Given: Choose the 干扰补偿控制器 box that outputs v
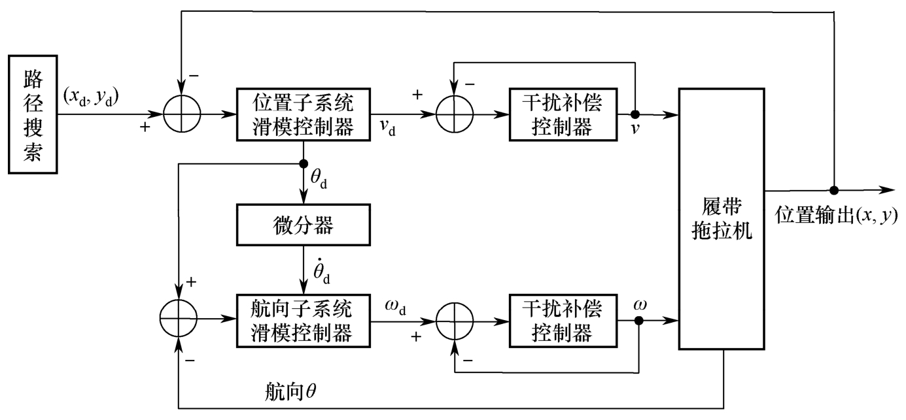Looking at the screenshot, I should (562, 115).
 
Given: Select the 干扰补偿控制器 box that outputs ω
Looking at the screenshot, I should (562, 321).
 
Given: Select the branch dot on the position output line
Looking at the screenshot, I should (834, 190).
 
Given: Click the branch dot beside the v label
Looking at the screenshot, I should (635, 115).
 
